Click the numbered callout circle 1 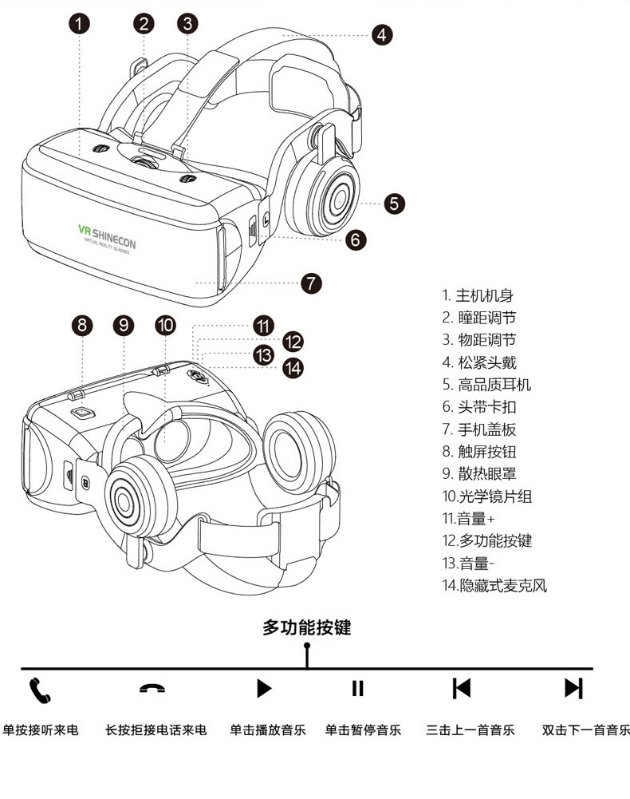pos(80,22)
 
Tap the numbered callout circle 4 pos(381,34)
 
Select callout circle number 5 pos(395,203)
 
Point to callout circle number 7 pos(311,283)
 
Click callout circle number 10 pos(165,325)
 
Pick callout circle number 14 pos(294,368)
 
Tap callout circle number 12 pos(293,342)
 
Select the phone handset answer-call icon pos(40,690)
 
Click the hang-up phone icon pos(152,689)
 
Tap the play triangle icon pos(264,688)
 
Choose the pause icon pos(357,688)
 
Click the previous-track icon pos(462,688)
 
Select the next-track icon pos(573,688)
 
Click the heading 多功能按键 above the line pos(307,627)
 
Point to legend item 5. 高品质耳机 pos(486,385)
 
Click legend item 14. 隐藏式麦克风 pos(494,585)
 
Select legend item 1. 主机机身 pos(478,295)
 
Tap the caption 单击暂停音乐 pos(363,730)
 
